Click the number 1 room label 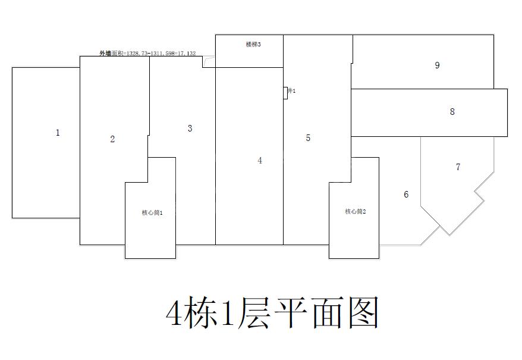pyautogui.click(x=58, y=133)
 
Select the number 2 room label pyautogui.click(x=112, y=139)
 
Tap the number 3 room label pyautogui.click(x=190, y=128)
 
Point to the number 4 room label pyautogui.click(x=260, y=161)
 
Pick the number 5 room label pyautogui.click(x=308, y=137)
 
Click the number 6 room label pyautogui.click(x=406, y=195)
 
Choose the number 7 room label pyautogui.click(x=458, y=167)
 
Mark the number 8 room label pyautogui.click(x=452, y=111)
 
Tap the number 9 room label pyautogui.click(x=437, y=65)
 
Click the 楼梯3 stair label pyautogui.click(x=253, y=45)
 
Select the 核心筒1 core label pyautogui.click(x=152, y=212)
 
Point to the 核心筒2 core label pyautogui.click(x=355, y=211)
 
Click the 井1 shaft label pyautogui.click(x=292, y=90)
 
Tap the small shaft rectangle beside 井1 pyautogui.click(x=285, y=93)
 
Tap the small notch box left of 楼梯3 pyautogui.click(x=209, y=62)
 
